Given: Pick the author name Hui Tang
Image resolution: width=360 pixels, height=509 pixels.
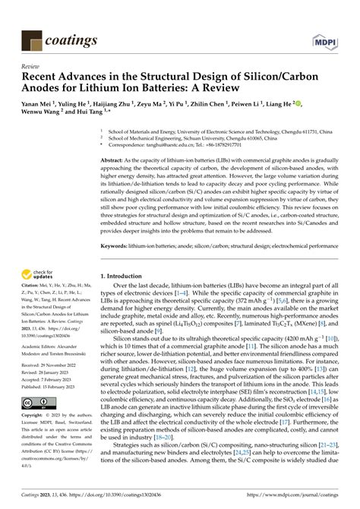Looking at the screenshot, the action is point(106,116).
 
